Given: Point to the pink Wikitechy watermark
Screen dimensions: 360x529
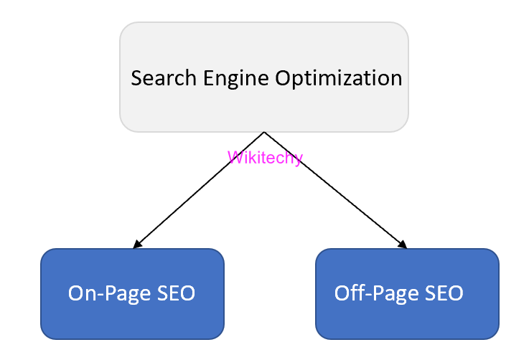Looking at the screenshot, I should click(x=265, y=157).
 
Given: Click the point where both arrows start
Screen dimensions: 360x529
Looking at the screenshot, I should click(x=264, y=133).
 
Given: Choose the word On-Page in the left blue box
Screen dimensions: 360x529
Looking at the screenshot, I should click(x=108, y=293).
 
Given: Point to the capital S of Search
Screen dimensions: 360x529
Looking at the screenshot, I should click(x=136, y=77).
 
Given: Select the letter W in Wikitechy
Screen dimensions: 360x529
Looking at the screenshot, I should click(x=233, y=157).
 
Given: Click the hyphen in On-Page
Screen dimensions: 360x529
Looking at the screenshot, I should click(x=100, y=295).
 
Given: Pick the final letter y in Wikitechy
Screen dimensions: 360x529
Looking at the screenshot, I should click(x=299, y=158).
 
